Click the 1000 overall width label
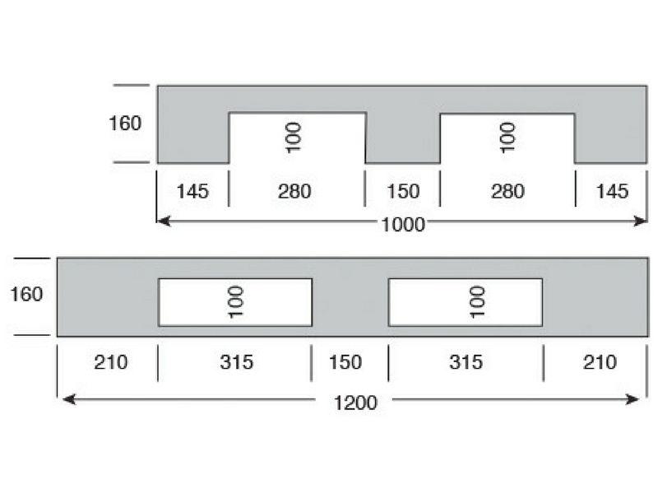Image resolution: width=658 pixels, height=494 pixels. pos(403,225)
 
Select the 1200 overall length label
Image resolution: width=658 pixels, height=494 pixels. pos(355,403)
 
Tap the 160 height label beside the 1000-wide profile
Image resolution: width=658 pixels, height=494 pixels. pos(125,123)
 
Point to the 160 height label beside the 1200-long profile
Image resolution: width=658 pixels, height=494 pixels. pos(26,294)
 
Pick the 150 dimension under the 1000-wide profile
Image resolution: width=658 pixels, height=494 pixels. pos(403,191)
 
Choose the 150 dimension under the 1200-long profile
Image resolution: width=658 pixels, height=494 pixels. pos(345,362)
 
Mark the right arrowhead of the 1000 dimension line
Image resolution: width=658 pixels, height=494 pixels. pos(640,221)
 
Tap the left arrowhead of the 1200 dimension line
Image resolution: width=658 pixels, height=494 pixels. pos(69,399)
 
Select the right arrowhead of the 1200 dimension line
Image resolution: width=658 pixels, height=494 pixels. pos(632,399)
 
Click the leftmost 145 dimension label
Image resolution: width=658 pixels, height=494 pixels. pos(192,191)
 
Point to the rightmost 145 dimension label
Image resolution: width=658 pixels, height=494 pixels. pos(612,191)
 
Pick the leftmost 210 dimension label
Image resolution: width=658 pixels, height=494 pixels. pos(111,362)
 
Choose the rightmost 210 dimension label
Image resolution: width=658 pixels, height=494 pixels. pos(600,362)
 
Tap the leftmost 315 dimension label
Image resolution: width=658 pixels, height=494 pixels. pos(237,362)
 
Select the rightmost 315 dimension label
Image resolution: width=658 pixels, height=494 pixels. pos(466,362)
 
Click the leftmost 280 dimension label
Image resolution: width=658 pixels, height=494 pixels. pos(294,191)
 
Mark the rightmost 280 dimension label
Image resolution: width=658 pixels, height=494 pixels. pos(507,191)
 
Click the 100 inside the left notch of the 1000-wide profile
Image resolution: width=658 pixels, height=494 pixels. pos(293,137)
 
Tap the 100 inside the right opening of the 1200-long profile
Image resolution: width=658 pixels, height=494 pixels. pos(477,302)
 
